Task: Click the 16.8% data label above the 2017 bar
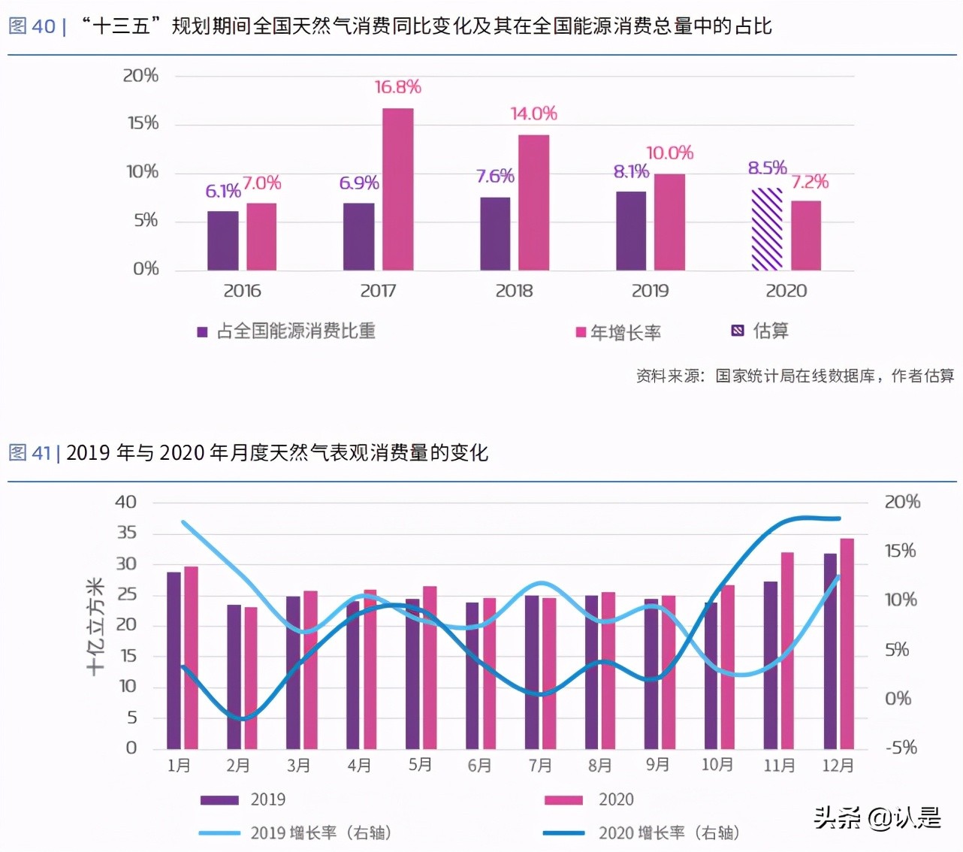tap(397, 87)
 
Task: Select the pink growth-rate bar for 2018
tap(533, 202)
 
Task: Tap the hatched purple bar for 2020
tap(767, 229)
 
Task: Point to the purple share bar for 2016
tap(223, 240)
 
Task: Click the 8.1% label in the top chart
tap(631, 171)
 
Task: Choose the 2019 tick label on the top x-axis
tap(650, 291)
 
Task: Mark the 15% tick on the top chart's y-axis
tap(143, 123)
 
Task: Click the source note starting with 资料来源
tap(795, 376)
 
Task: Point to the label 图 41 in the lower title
tap(30, 453)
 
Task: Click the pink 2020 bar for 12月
tap(847, 643)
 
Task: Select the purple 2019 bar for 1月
tap(174, 660)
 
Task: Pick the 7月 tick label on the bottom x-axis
tap(539, 766)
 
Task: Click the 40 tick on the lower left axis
tap(125, 502)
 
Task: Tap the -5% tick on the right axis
tap(901, 748)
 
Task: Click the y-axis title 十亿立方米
tap(95, 626)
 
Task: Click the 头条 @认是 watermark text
tap(877, 817)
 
